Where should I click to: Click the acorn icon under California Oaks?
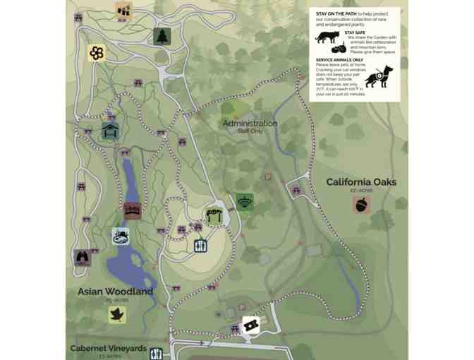click(363, 205)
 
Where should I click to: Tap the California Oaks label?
click(361, 182)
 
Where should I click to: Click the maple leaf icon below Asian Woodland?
click(117, 314)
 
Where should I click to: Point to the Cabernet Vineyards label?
click(108, 349)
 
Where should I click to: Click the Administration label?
click(250, 124)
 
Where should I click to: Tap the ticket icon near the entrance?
click(250, 325)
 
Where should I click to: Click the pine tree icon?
click(162, 36)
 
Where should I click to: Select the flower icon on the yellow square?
click(97, 53)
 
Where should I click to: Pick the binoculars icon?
click(83, 257)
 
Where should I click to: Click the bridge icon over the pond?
click(132, 210)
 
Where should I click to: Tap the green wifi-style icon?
click(245, 202)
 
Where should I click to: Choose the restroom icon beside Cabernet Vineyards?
click(157, 354)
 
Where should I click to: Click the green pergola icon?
click(214, 216)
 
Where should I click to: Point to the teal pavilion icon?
click(110, 131)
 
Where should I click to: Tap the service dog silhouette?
click(382, 75)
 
